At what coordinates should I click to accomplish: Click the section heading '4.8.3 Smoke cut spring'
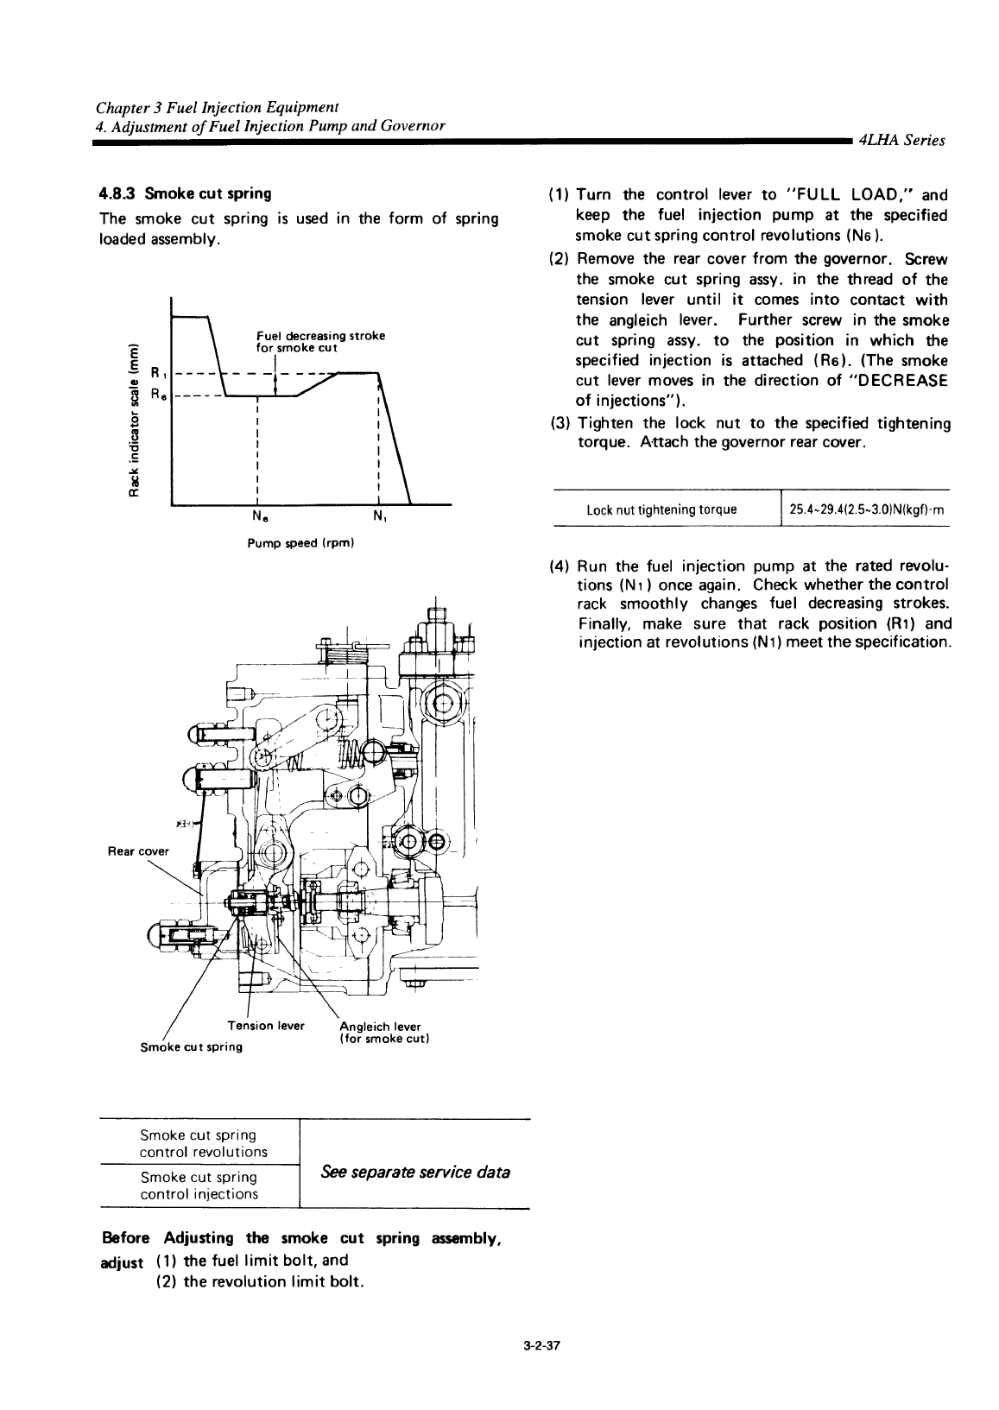185,193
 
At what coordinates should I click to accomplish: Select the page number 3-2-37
541,1346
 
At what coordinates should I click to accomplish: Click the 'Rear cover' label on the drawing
138,851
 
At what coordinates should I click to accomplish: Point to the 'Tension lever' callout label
266,1026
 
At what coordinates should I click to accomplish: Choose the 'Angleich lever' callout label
380,1027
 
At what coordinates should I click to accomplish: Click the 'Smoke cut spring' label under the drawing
192,1046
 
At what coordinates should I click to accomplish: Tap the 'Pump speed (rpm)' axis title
300,542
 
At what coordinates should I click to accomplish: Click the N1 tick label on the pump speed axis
380,516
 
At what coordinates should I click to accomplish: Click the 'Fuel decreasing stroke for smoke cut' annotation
320,342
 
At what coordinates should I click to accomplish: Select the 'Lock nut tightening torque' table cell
661,509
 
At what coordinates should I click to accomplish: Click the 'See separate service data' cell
415,1172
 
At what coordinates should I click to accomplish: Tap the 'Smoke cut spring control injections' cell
199,1186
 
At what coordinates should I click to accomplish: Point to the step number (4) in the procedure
560,566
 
